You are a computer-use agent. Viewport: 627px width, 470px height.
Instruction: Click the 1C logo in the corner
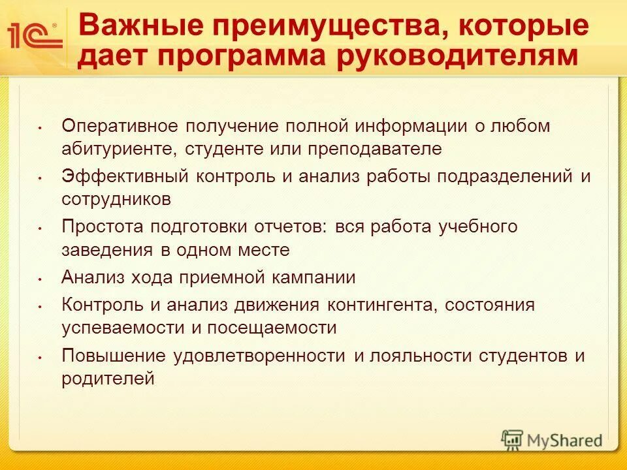[34, 35]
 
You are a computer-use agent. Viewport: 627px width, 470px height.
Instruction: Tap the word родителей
[108, 379]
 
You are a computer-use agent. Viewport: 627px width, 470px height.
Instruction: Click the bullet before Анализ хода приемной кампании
[40, 279]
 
